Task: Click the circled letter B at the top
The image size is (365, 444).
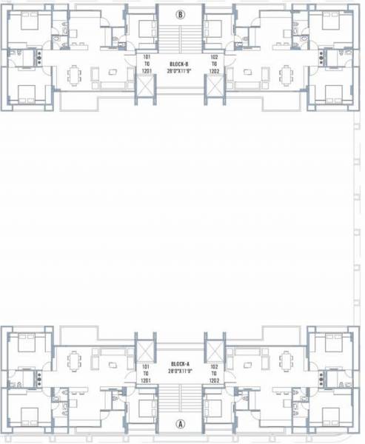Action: click(181, 14)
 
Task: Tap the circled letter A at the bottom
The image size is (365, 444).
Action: click(181, 424)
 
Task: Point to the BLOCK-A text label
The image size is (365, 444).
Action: click(181, 364)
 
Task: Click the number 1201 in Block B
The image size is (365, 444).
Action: click(146, 71)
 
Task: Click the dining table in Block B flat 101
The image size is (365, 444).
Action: click(73, 75)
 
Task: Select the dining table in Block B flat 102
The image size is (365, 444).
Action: click(287, 75)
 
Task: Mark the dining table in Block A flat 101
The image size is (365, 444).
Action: click(73, 361)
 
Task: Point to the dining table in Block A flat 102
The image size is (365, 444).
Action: click(287, 361)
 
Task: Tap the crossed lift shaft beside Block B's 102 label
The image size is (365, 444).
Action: click(215, 90)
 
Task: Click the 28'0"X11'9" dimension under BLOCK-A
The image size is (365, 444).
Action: click(181, 373)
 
